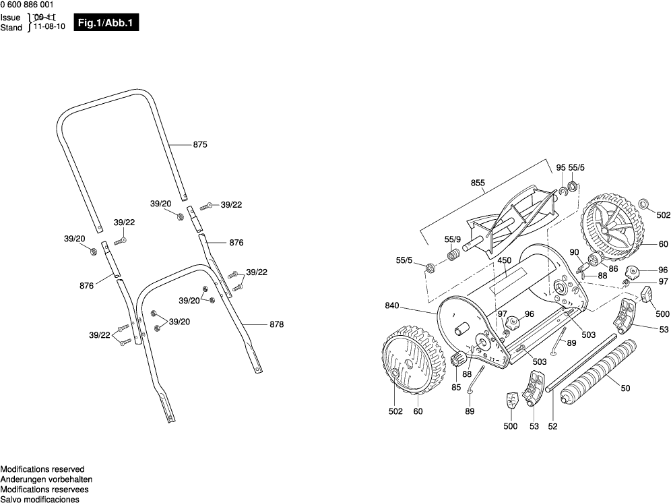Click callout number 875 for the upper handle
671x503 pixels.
[x=200, y=145]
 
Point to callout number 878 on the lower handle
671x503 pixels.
[x=276, y=324]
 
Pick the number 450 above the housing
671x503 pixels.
[x=505, y=260]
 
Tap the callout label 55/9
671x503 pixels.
[x=452, y=239]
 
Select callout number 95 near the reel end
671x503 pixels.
[x=561, y=168]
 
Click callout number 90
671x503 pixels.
[x=574, y=253]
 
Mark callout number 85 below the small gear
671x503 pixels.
[x=456, y=388]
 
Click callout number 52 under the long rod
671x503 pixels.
[x=553, y=426]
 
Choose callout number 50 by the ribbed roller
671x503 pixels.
[x=625, y=389]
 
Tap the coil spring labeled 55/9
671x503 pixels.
[x=453, y=256]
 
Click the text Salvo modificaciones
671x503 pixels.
[x=40, y=500]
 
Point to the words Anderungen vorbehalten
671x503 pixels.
[x=46, y=479]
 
